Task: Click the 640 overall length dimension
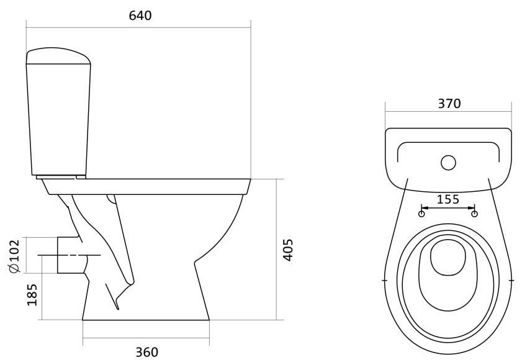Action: tap(140, 16)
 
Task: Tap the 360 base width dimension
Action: tap(147, 352)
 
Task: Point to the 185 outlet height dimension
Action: tap(32, 295)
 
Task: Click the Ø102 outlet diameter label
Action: tap(15, 256)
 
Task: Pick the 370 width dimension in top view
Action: tap(449, 104)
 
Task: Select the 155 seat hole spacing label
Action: tap(448, 199)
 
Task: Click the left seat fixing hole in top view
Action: tap(421, 214)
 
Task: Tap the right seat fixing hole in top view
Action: tap(475, 214)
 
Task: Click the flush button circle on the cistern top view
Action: tap(448, 163)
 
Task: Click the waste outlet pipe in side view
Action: tap(71, 255)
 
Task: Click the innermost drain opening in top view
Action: tap(448, 258)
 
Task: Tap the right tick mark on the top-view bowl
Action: tap(511, 281)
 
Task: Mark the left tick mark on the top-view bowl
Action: tap(384, 281)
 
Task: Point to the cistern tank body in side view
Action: tap(58, 119)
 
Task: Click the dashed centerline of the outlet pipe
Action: tap(70, 255)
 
